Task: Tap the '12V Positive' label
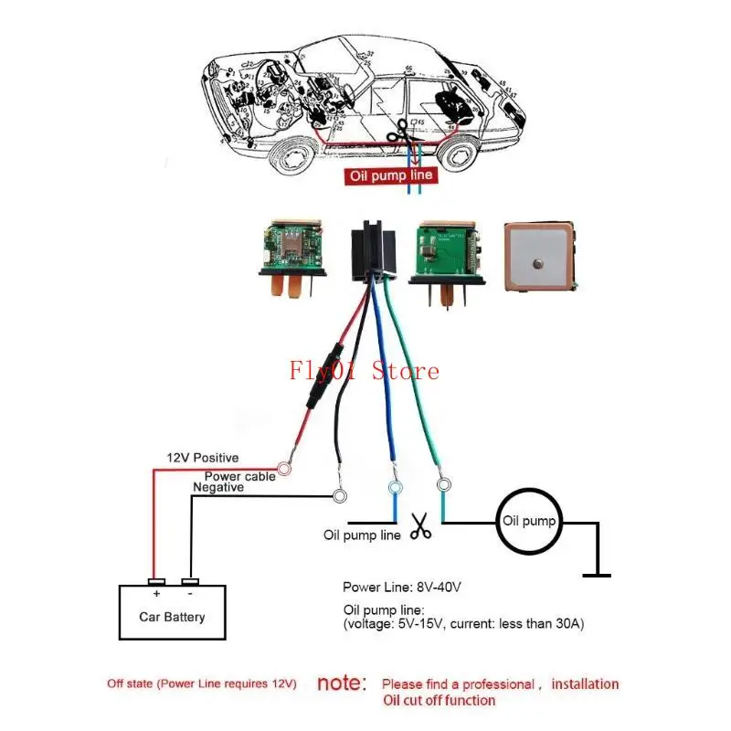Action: coord(202,457)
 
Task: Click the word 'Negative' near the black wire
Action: coord(217,488)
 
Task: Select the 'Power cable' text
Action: coord(239,476)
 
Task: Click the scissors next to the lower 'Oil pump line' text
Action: coord(420,527)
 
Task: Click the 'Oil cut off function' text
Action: coord(439,701)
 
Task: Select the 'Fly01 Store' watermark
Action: coord(364,370)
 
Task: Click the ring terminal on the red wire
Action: coord(284,469)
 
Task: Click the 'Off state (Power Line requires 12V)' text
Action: coord(201,683)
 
